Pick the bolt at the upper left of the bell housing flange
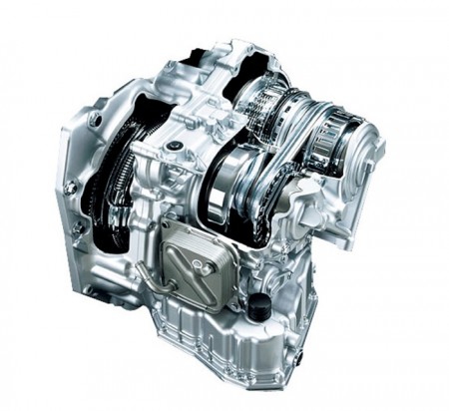94,119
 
